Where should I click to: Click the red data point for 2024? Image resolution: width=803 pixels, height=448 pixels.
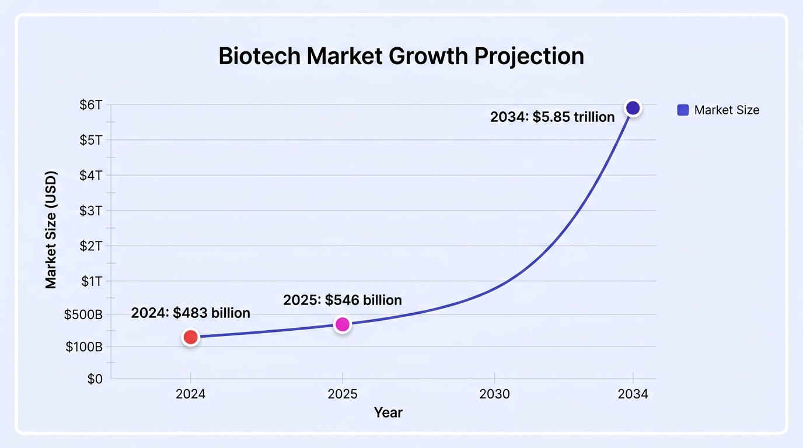click(190, 337)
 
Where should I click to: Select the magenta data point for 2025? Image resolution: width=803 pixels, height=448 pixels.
click(343, 324)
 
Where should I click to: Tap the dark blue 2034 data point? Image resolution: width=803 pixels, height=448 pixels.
click(633, 108)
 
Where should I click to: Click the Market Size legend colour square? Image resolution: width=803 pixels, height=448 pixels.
click(683, 110)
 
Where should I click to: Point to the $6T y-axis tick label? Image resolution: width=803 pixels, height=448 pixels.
click(91, 104)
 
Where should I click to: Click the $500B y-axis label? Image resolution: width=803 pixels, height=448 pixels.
click(83, 314)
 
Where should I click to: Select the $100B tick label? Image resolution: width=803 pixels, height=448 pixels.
click(84, 346)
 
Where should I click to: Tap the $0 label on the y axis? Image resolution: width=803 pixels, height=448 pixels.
click(95, 379)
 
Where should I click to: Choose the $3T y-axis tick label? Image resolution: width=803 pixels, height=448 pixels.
click(91, 211)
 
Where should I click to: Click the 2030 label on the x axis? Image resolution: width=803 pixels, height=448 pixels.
click(494, 394)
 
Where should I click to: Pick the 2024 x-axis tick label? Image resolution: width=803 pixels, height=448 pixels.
click(190, 394)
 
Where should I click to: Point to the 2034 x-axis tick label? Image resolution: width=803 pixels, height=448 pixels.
click(633, 394)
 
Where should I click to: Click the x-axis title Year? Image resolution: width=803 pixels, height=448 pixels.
click(388, 412)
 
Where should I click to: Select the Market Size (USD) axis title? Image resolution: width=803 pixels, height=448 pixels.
click(51, 230)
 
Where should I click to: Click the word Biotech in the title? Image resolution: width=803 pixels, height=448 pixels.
click(260, 56)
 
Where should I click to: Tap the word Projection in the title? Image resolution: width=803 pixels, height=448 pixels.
click(529, 57)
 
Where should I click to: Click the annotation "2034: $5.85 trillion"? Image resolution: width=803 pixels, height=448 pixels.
click(552, 117)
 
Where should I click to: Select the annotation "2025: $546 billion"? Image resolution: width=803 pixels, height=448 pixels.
click(343, 300)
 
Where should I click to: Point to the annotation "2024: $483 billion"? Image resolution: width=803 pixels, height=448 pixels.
click(190, 313)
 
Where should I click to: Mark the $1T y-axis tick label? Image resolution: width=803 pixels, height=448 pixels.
click(92, 281)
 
